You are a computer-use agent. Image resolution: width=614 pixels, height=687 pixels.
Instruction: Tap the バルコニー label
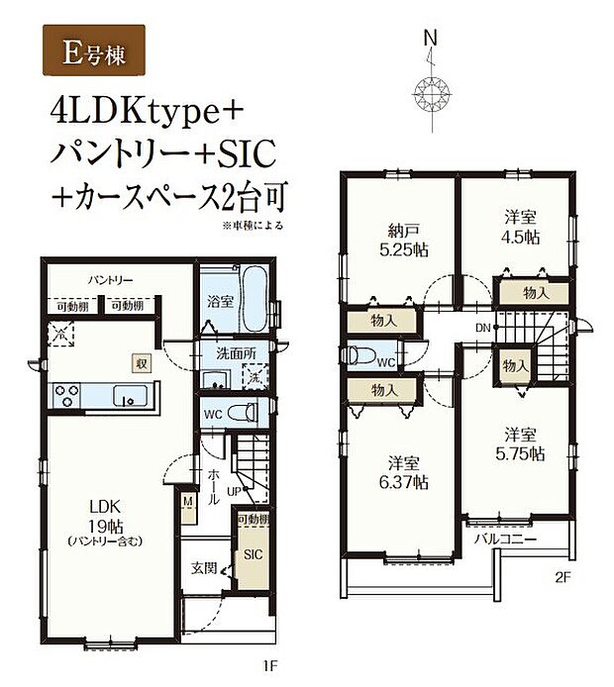click(504, 540)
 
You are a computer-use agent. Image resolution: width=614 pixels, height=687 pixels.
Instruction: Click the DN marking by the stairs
click(482, 327)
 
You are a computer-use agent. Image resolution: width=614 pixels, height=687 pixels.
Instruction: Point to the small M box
click(187, 501)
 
